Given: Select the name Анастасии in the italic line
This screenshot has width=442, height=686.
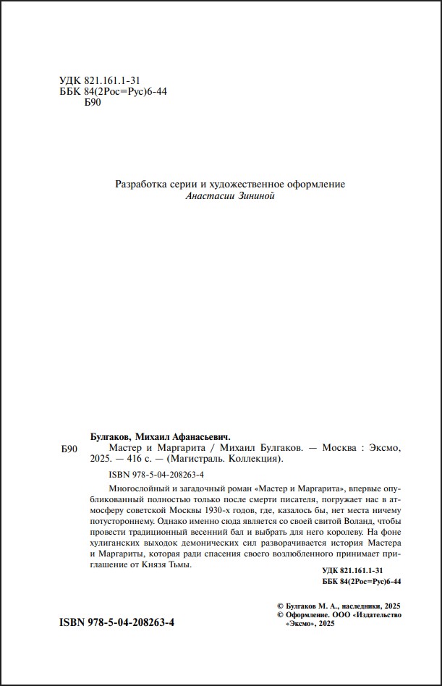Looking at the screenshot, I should pyautogui.click(x=211, y=197).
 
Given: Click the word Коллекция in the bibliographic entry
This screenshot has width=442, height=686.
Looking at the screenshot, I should pyautogui.click(x=254, y=458).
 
